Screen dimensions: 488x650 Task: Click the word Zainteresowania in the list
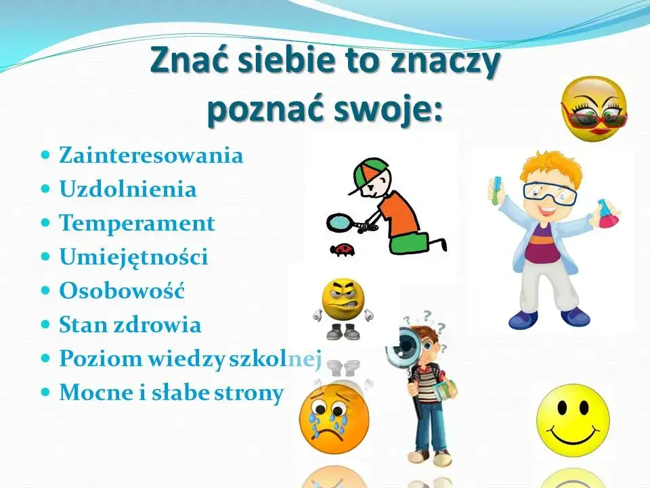coord(151,155)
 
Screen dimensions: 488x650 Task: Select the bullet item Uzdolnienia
coord(128,189)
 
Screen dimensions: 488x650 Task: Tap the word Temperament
coord(137,223)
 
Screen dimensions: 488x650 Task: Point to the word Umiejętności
coord(133,257)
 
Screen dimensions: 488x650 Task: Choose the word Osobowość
coord(122,291)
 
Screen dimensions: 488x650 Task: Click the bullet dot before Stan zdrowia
coord(46,324)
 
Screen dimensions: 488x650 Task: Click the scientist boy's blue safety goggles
coord(549,193)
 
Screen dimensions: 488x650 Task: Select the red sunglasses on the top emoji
coord(594,119)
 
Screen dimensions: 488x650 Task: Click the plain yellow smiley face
coord(573,415)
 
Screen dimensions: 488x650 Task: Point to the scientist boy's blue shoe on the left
coord(522,318)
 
